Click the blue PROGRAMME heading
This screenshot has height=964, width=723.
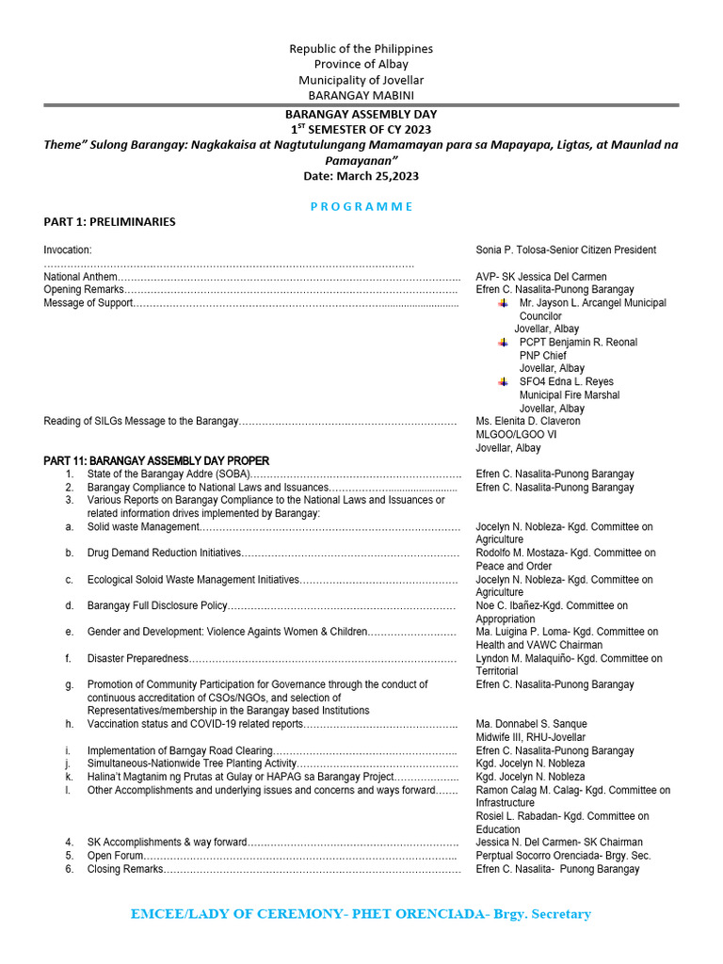(361, 206)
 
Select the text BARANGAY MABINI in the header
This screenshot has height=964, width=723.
(361, 95)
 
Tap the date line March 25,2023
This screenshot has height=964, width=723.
(361, 175)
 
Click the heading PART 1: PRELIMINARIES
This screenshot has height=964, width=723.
(109, 222)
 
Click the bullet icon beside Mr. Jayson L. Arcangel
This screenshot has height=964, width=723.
(504, 303)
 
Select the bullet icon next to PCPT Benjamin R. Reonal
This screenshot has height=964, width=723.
(504, 343)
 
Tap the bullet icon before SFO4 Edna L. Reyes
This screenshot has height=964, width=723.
(504, 382)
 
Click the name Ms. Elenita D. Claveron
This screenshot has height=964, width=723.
(528, 422)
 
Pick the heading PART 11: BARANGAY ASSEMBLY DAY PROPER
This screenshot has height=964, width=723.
(156, 460)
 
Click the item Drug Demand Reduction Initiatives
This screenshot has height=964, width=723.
(164, 554)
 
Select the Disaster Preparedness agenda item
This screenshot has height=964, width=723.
(137, 659)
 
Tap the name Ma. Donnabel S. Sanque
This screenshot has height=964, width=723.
(531, 724)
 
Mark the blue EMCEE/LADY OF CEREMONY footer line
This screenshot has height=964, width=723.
(361, 914)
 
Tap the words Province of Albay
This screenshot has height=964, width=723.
(361, 64)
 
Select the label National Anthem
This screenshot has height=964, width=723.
(81, 277)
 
